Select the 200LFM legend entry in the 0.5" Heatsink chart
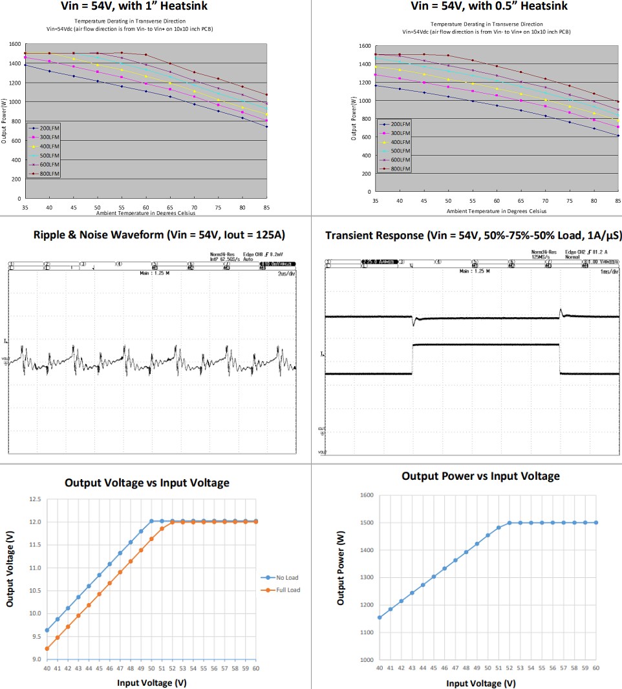tap(398, 124)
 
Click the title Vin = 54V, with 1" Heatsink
tap(155, 6)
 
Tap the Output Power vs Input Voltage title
tap(480, 477)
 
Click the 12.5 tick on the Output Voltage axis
tap(34, 500)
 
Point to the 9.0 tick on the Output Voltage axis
tap(36, 659)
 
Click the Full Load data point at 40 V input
tap(47, 648)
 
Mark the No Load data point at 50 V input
tap(151, 521)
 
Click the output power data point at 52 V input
tap(509, 523)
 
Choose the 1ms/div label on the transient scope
tap(608, 273)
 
